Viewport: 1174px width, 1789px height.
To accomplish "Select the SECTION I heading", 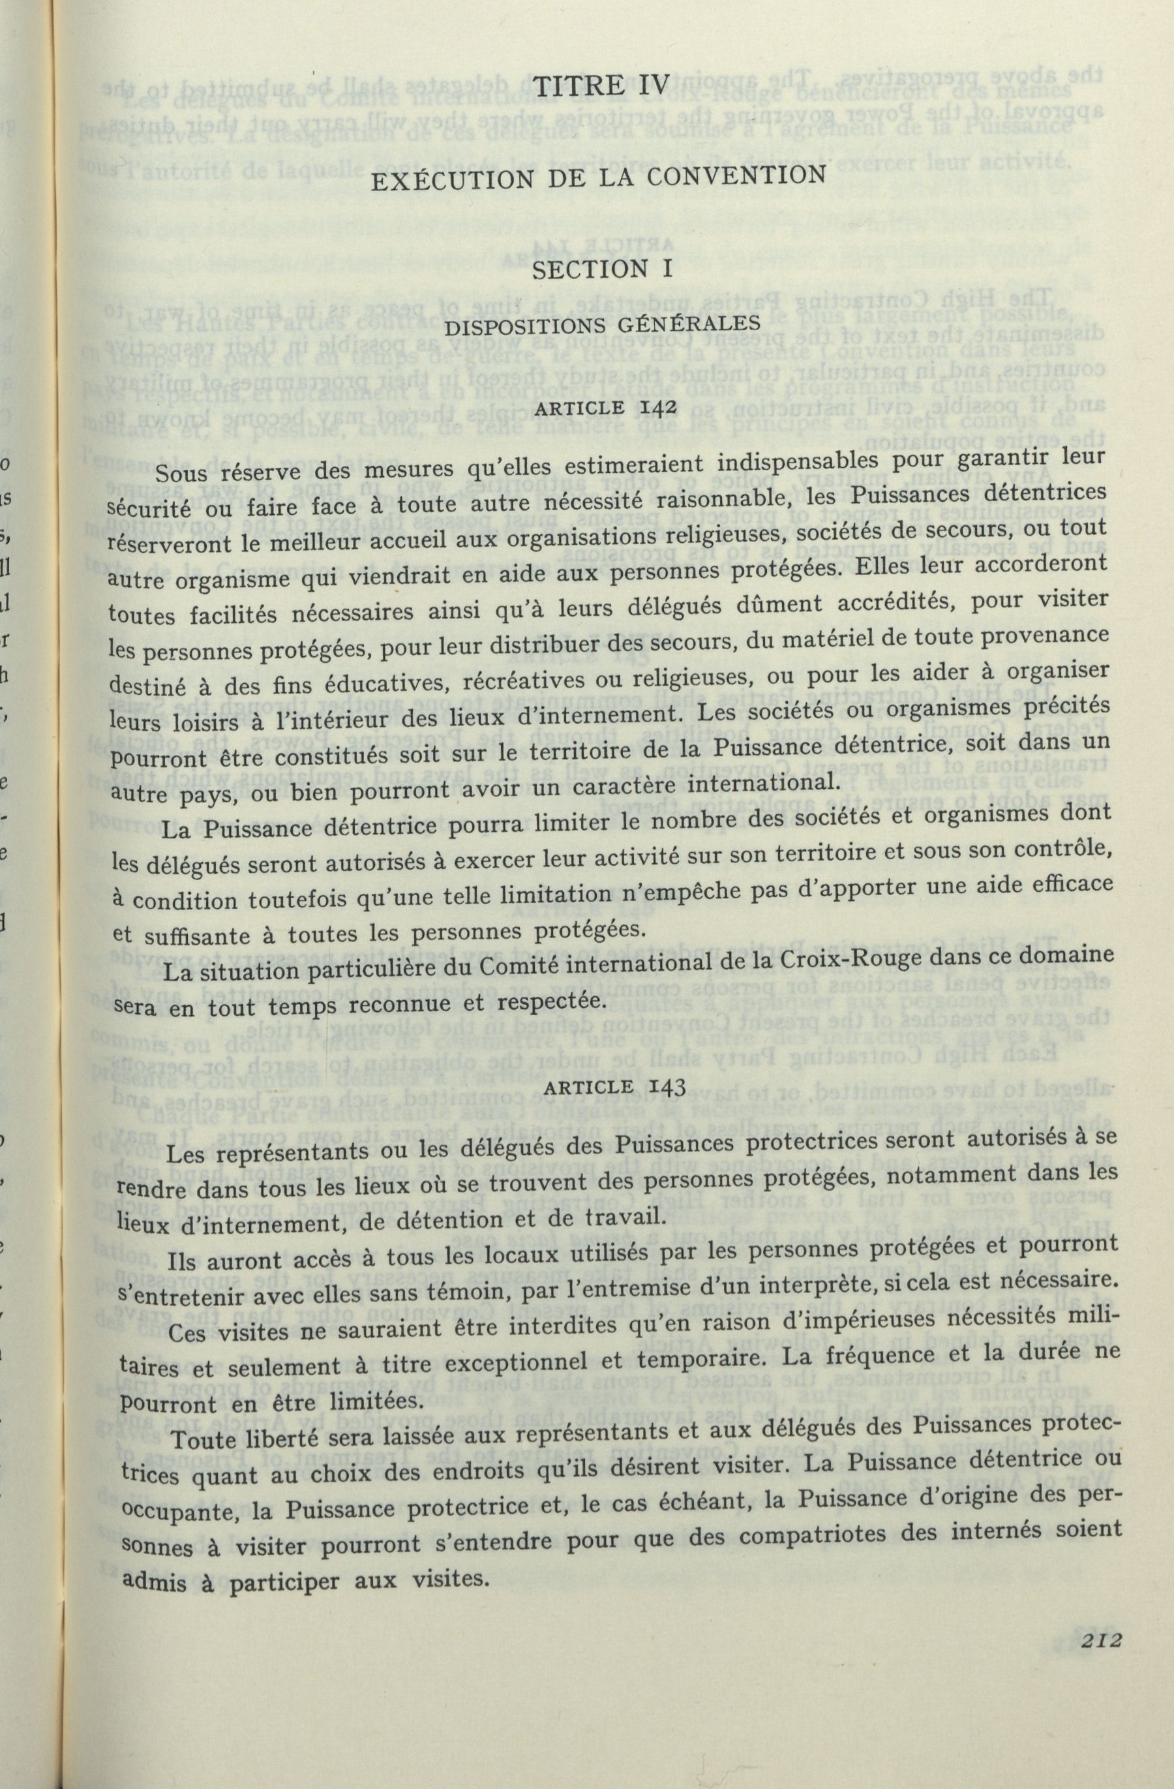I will tap(591, 269).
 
